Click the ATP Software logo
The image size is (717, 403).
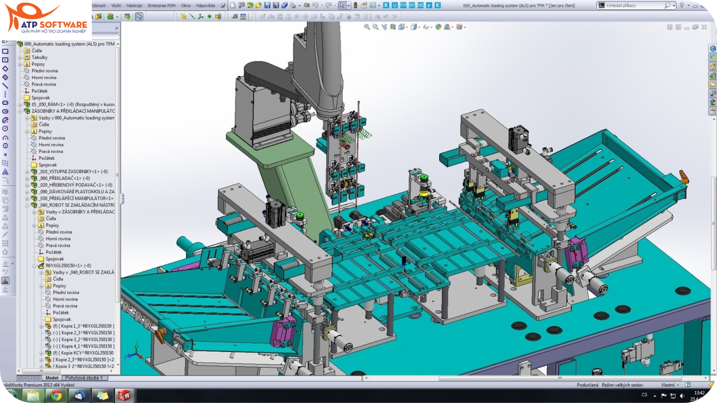pos(46,19)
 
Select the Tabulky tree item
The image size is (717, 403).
pos(39,57)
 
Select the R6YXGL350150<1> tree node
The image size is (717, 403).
pos(67,266)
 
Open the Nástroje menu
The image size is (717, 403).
pos(134,6)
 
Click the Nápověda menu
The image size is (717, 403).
pos(205,6)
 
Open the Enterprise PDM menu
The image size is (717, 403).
pos(161,6)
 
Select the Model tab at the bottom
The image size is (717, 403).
pos(52,378)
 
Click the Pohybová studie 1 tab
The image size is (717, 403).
pos(84,378)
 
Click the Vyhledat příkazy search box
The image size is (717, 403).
pos(634,5)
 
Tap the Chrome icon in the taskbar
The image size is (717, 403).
pos(56,395)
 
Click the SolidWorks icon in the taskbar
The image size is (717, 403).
pos(124,395)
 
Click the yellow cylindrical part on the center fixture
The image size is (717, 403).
pos(423,193)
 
